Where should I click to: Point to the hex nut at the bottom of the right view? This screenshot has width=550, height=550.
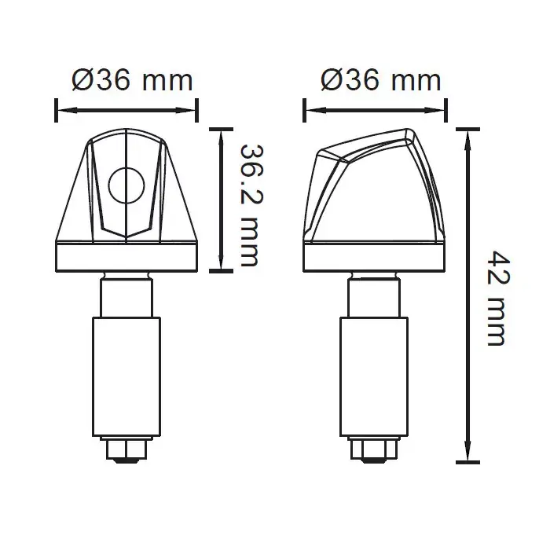pyautogui.click(x=375, y=449)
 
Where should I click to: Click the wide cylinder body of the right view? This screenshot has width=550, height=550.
pyautogui.click(x=375, y=376)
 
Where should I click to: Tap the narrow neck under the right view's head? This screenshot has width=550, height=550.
pyautogui.click(x=375, y=296)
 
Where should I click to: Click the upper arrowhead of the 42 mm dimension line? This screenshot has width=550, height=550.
pyautogui.click(x=469, y=134)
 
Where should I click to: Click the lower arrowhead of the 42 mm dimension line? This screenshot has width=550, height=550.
pyautogui.click(x=469, y=457)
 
